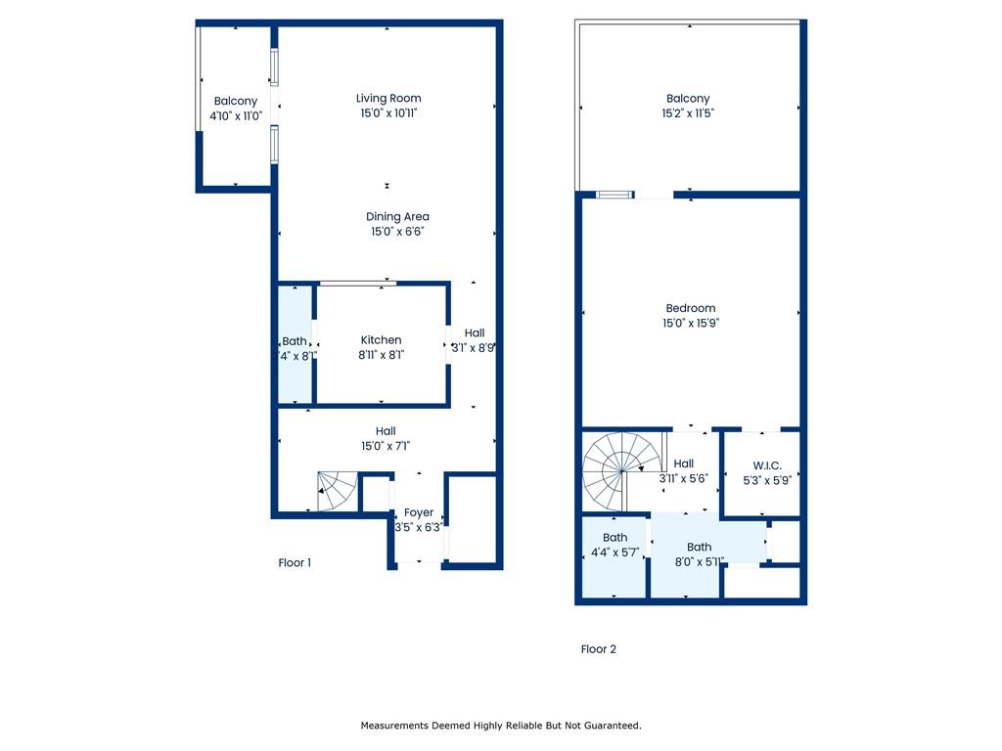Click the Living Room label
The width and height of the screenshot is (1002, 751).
pyautogui.click(x=388, y=99)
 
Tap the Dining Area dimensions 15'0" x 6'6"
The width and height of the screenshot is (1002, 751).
pyautogui.click(x=397, y=232)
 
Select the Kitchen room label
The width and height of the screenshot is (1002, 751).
pyautogui.click(x=381, y=340)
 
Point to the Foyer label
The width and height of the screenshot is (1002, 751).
pyautogui.click(x=419, y=512)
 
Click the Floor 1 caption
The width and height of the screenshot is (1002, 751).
pyautogui.click(x=295, y=562)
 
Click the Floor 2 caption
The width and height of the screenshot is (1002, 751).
pyautogui.click(x=599, y=649)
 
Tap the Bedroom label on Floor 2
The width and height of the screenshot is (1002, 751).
pyautogui.click(x=691, y=308)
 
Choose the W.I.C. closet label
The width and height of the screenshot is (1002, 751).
pyautogui.click(x=767, y=466)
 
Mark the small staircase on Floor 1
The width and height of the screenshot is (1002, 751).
pyautogui.click(x=338, y=491)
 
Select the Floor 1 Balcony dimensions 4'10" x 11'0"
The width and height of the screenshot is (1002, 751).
pyautogui.click(x=236, y=116)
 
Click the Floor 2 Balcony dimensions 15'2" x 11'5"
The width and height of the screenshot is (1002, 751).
pyautogui.click(x=688, y=113)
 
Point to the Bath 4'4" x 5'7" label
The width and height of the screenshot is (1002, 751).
pyautogui.click(x=615, y=546)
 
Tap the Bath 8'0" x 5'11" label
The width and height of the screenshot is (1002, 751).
pyautogui.click(x=699, y=554)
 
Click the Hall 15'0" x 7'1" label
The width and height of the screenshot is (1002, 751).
pyautogui.click(x=386, y=439)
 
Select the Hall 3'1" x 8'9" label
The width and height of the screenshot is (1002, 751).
pyautogui.click(x=474, y=340)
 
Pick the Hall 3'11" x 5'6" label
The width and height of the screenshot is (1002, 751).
pyautogui.click(x=683, y=471)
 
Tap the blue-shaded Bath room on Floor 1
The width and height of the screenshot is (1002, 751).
pyautogui.click(x=295, y=345)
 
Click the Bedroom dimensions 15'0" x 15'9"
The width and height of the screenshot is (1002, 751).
pyautogui.click(x=691, y=323)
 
